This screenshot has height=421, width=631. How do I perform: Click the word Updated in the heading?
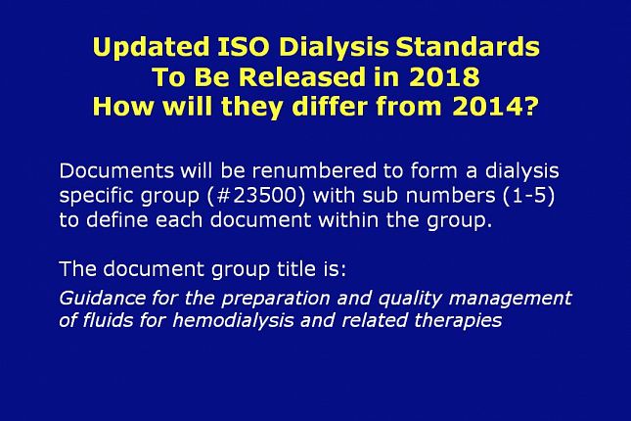(151, 48)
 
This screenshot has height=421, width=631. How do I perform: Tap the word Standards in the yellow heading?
(468, 46)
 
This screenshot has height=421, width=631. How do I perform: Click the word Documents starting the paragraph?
(116, 170)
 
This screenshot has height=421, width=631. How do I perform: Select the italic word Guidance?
(102, 298)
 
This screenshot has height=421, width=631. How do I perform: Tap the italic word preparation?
(275, 299)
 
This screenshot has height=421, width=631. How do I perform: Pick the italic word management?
(510, 299)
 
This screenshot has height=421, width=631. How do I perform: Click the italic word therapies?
(458, 321)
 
